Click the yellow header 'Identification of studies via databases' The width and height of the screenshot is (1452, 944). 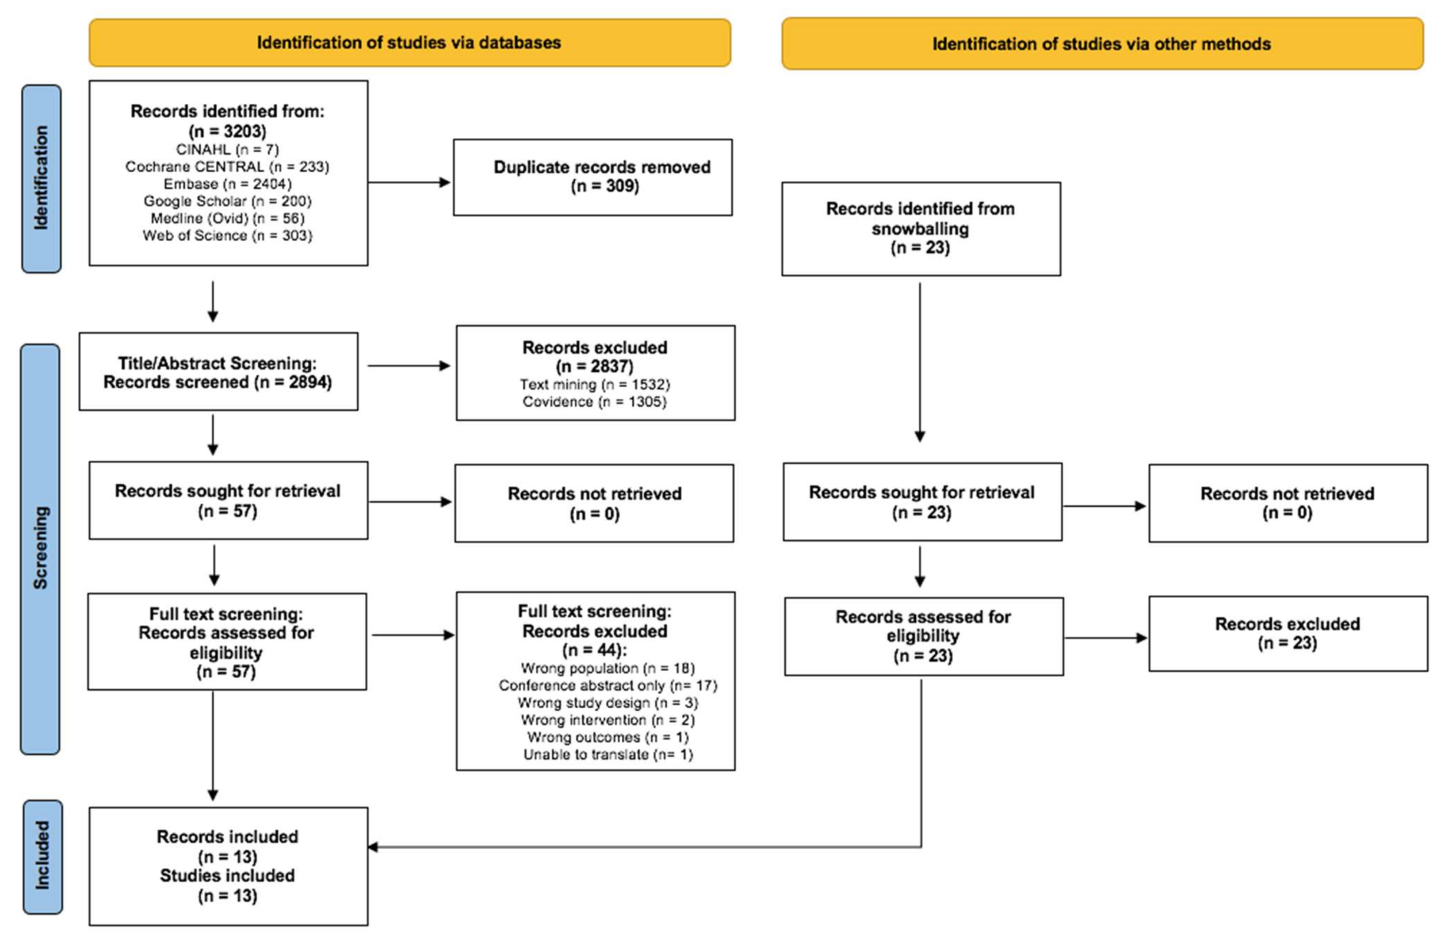pyautogui.click(x=409, y=43)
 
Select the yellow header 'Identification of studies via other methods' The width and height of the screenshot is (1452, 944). pyautogui.click(x=1102, y=44)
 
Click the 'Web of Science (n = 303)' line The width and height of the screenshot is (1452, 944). pyautogui.click(x=227, y=235)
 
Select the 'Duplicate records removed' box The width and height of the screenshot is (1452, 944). pyautogui.click(x=592, y=177)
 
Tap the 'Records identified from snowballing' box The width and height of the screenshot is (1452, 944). pyautogui.click(x=921, y=229)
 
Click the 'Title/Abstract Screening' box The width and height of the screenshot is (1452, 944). pyautogui.click(x=218, y=372)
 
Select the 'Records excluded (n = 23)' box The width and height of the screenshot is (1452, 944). pyautogui.click(x=1288, y=634)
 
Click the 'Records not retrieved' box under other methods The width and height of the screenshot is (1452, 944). pyautogui.click(x=1288, y=503)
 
